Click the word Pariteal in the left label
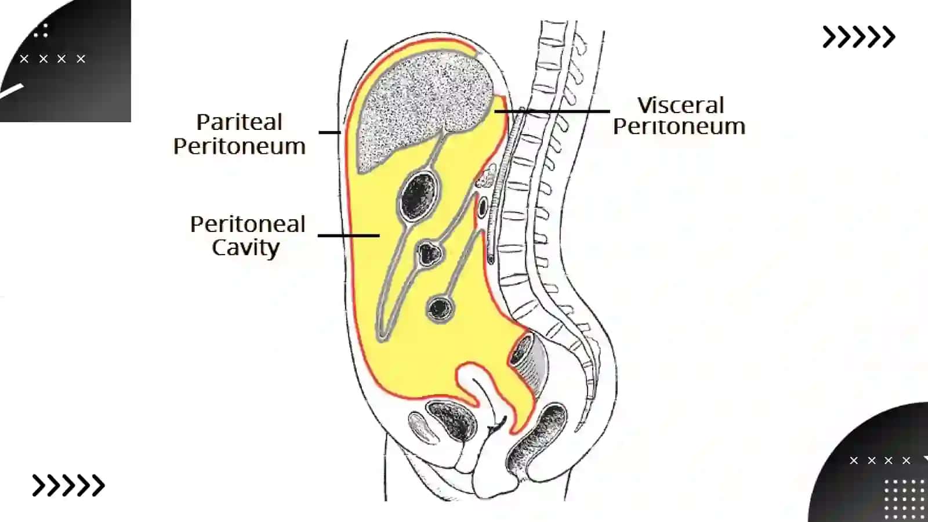pyautogui.click(x=239, y=122)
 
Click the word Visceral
pyautogui.click(x=681, y=105)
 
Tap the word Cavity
pyautogui.click(x=246, y=248)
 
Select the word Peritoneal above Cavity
pyautogui.click(x=247, y=224)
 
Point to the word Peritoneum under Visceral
pyautogui.click(x=679, y=126)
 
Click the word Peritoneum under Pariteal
pyautogui.click(x=240, y=146)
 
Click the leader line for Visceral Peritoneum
pyautogui.click(x=552, y=111)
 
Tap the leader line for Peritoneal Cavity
pyautogui.click(x=349, y=235)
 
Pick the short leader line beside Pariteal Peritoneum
pyautogui.click(x=329, y=132)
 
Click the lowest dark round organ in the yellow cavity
pyautogui.click(x=440, y=308)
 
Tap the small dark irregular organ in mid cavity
pyautogui.click(x=429, y=253)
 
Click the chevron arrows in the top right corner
pyautogui.click(x=858, y=37)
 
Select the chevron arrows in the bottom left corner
pyautogui.click(x=68, y=485)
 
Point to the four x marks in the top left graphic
pyautogui.click(x=53, y=59)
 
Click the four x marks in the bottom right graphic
pyautogui.click(x=880, y=461)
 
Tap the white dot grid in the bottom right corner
pyautogui.click(x=905, y=500)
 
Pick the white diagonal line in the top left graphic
pyautogui.click(x=11, y=91)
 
